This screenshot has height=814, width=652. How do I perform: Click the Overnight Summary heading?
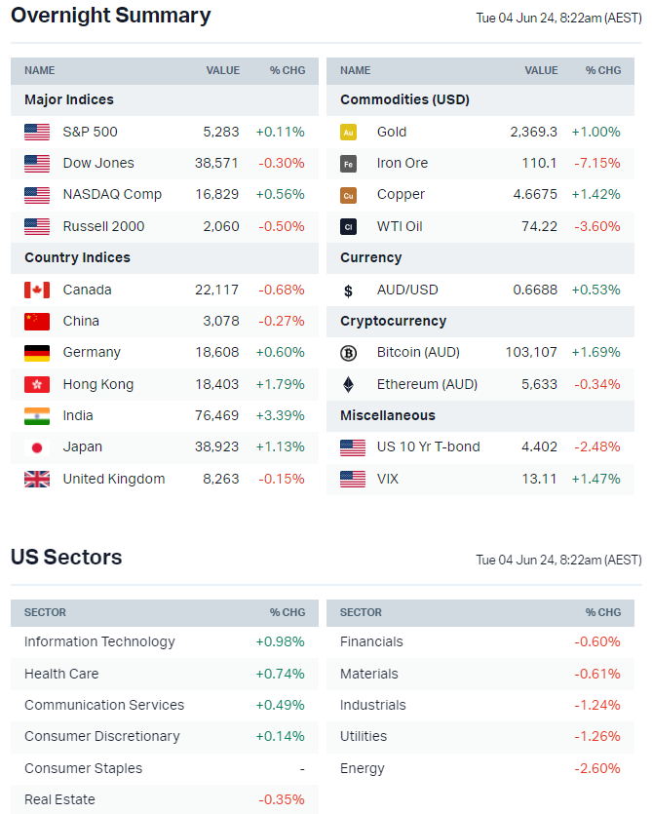(110, 16)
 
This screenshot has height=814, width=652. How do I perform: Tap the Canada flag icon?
(37, 290)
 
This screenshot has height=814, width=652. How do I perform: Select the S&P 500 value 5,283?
(220, 132)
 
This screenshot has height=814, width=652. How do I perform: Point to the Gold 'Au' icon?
(348, 132)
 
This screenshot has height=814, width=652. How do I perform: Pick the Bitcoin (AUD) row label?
(418, 352)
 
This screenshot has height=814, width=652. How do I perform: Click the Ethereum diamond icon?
(348, 384)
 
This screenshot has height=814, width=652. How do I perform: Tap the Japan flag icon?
(37, 447)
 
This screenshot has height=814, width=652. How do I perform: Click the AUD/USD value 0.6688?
(535, 290)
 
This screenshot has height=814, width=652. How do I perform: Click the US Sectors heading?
(66, 558)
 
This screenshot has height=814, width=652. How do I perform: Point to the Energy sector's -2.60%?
(597, 768)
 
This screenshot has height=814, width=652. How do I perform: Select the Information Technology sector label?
(99, 641)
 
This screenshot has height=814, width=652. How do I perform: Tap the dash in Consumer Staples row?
(302, 768)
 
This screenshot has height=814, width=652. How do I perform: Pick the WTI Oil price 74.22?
(539, 226)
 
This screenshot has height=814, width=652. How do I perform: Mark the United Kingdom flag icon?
(37, 479)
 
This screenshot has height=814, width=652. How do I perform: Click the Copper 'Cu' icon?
(348, 195)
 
